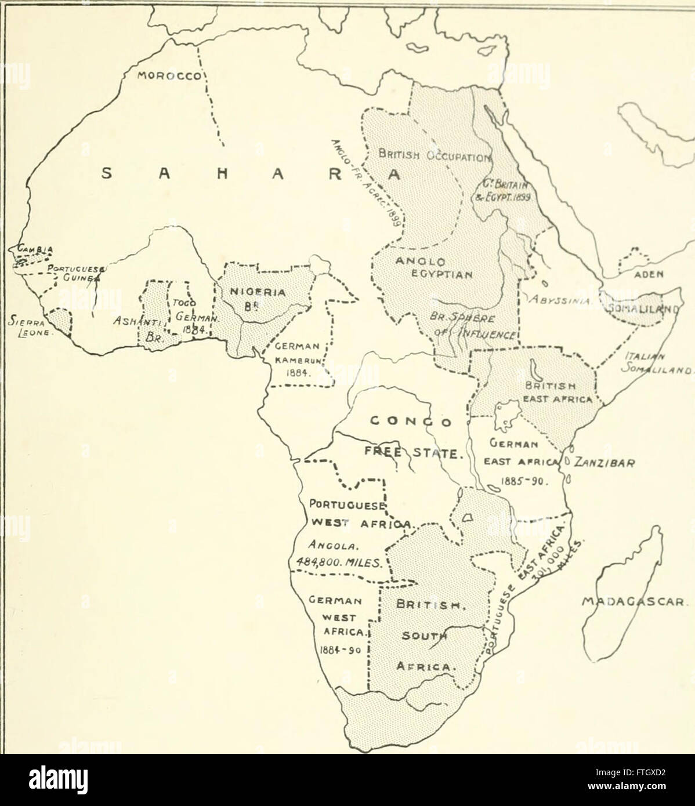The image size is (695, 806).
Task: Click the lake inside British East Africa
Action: coord(532,368)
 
